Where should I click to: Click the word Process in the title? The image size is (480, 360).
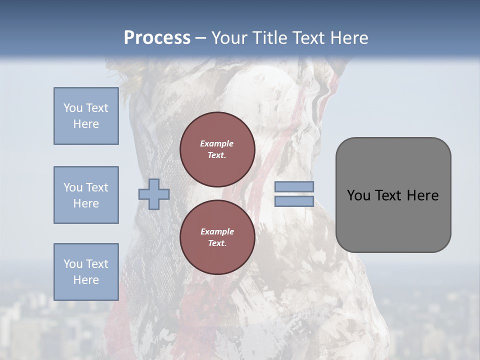click(157, 38)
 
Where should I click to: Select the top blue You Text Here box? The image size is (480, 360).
click(86, 116)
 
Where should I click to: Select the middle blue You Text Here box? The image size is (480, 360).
click(86, 195)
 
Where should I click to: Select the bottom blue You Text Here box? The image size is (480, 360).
click(86, 272)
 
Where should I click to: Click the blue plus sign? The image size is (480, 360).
click(154, 194)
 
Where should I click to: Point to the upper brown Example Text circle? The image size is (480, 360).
click(217, 149)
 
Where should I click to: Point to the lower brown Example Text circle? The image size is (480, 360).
click(217, 237)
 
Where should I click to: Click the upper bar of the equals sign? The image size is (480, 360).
click(294, 187)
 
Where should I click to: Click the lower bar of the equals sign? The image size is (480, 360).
click(294, 201)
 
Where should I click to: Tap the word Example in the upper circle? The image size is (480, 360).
click(217, 143)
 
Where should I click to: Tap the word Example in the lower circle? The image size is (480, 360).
click(217, 231)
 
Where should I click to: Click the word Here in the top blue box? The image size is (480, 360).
click(86, 124)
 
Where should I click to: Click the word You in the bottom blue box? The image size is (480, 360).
click(72, 264)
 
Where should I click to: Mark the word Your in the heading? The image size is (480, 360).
click(229, 38)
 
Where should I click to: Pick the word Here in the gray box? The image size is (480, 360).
click(422, 195)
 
